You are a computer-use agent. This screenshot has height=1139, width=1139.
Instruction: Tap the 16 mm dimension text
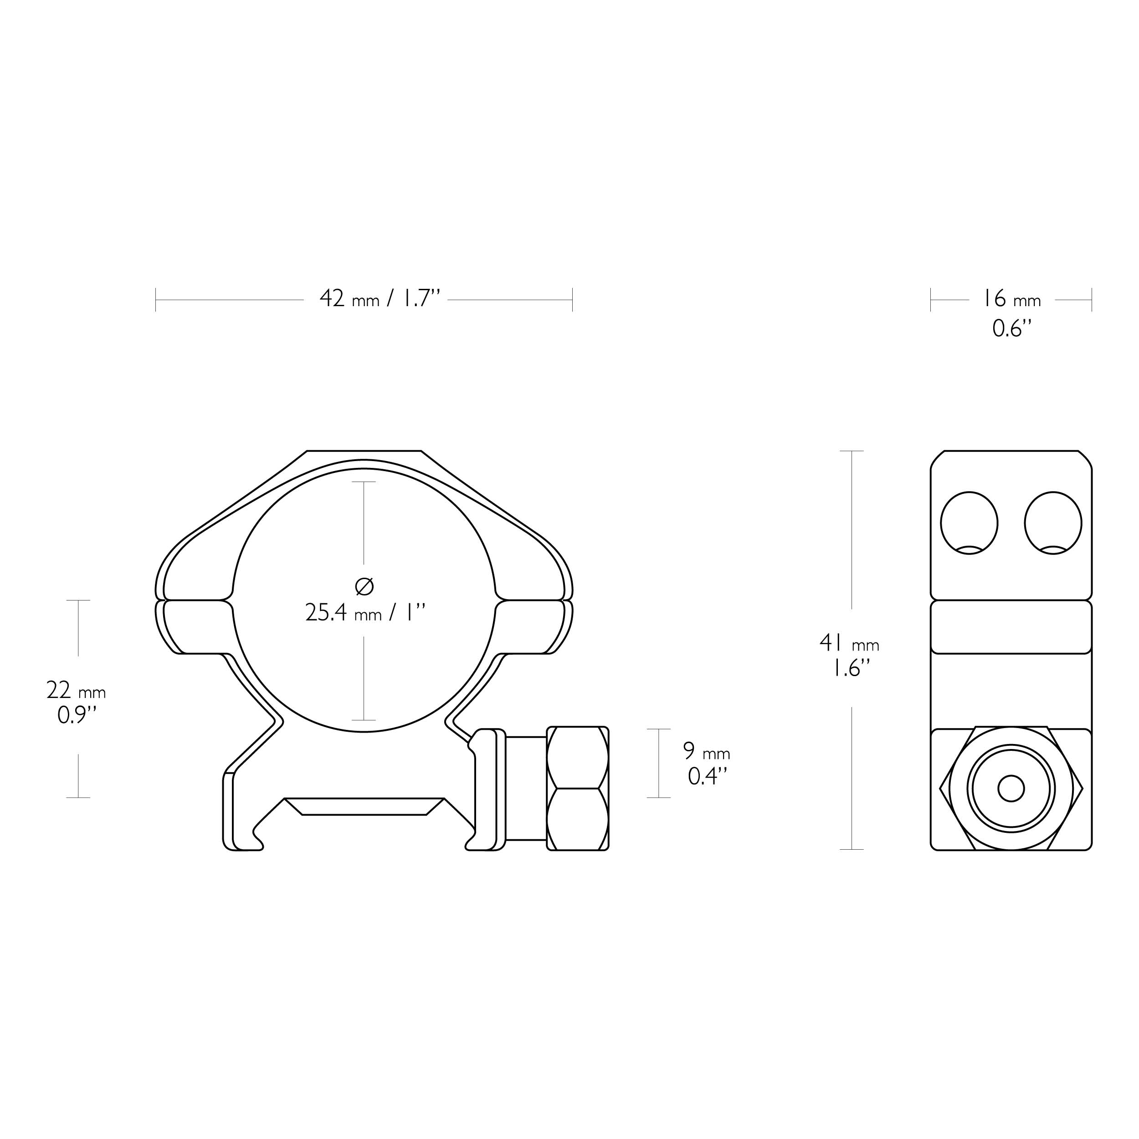(x=1011, y=299)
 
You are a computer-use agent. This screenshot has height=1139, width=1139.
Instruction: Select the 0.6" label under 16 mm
(x=1011, y=328)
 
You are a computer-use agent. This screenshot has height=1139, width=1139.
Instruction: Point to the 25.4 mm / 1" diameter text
(x=365, y=612)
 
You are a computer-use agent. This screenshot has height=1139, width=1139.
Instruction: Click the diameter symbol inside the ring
(x=364, y=586)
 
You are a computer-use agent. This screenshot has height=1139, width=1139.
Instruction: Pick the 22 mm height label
(x=76, y=690)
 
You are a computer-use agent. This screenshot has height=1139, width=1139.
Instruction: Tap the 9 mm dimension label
(x=706, y=751)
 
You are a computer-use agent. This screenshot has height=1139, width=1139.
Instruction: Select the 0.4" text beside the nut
(x=707, y=776)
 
